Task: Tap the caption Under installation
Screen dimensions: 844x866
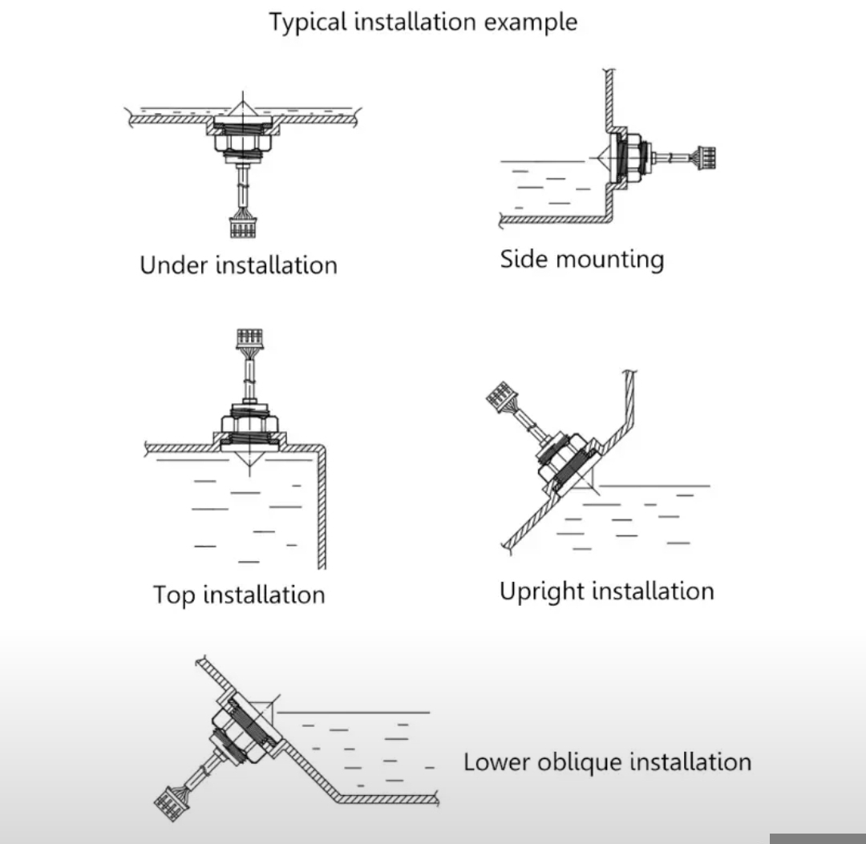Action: coord(238,265)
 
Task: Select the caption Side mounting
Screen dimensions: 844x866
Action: coord(581,260)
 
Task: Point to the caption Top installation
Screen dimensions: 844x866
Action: coord(239,595)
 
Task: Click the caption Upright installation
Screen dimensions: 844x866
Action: coord(606,592)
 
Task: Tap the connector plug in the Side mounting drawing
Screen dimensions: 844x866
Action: coord(706,157)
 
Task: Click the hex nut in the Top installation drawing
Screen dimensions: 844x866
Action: coord(249,422)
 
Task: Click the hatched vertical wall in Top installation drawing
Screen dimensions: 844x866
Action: coord(322,513)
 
